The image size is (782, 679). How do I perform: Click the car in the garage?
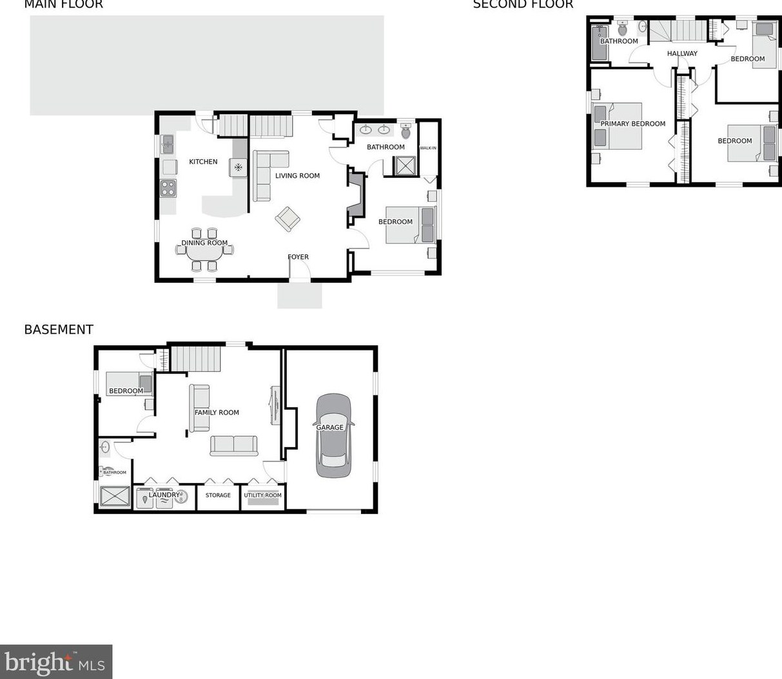tap(333, 436)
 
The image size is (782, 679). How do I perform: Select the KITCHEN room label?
tap(203, 162)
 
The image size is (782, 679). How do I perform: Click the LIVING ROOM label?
tap(297, 176)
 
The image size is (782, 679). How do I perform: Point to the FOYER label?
tap(298, 257)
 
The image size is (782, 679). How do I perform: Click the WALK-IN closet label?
tap(428, 148)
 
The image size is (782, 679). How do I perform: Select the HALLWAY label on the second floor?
tap(682, 53)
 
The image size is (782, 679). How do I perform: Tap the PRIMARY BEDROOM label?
tap(632, 124)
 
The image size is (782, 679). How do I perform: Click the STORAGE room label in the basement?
tap(218, 495)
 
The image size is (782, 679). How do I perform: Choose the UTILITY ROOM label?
tap(262, 495)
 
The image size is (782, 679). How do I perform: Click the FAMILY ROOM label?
tap(217, 412)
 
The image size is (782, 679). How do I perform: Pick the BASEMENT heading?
tap(59, 330)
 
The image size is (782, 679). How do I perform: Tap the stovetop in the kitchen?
tap(168, 188)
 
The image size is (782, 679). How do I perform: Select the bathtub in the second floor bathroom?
tap(600, 43)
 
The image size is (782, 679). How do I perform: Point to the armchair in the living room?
tap(288, 220)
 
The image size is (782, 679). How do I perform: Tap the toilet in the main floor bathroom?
tap(406, 132)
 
